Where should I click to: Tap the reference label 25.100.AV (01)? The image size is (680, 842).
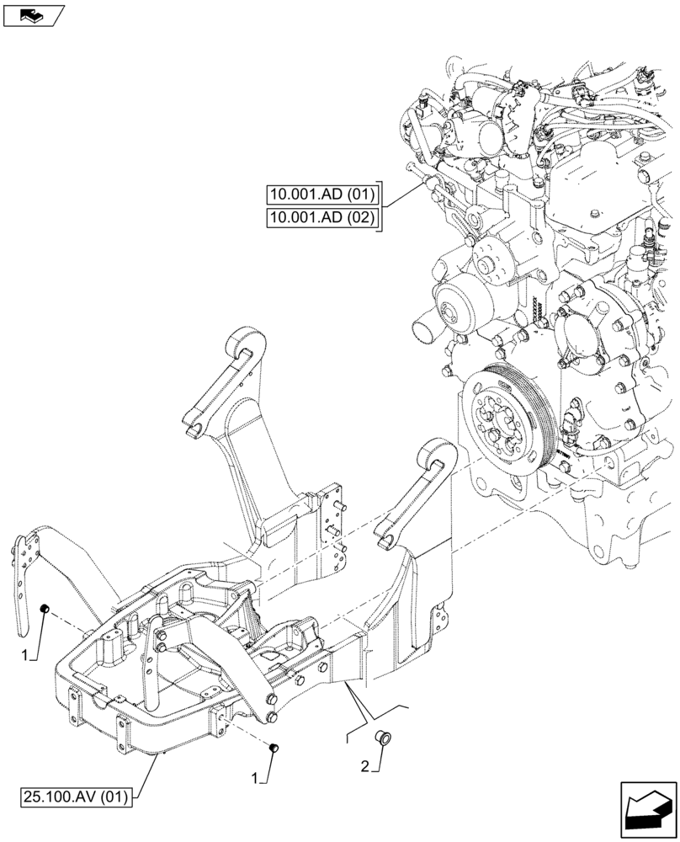(x=77, y=794)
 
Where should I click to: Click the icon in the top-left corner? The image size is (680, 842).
(x=34, y=14)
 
